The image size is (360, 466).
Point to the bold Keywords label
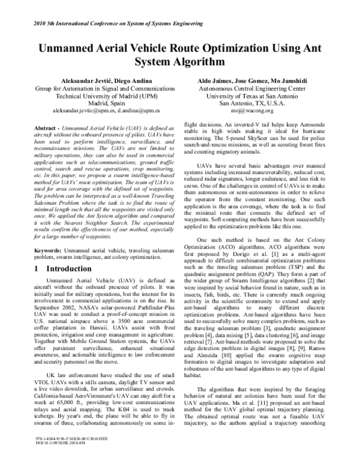click(46, 249)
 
